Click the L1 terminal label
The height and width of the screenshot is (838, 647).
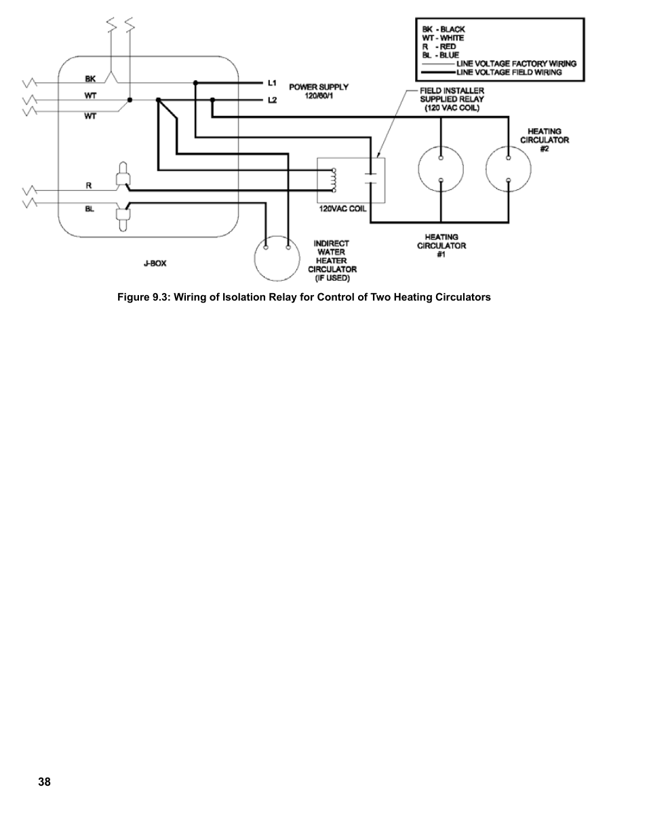pos(272,83)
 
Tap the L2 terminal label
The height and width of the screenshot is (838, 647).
pos(272,100)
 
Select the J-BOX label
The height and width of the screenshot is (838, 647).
pos(155,263)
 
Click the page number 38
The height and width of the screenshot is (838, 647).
pos(44,782)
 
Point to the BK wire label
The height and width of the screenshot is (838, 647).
pos(90,79)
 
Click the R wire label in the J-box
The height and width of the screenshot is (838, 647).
pos(89,185)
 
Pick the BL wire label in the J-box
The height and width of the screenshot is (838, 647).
pos(90,209)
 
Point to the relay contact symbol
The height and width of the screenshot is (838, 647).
pos(370,178)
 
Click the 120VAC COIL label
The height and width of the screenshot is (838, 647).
pos(342,209)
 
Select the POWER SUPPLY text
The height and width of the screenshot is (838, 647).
pos(319,87)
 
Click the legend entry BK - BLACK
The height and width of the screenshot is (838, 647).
pos(444,29)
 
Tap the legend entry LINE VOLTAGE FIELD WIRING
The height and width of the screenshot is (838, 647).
pos(509,73)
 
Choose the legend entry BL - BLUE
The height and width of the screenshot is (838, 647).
pos(440,55)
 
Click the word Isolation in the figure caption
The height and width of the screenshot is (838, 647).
pos(242,297)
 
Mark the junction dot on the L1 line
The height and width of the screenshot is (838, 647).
pos(195,83)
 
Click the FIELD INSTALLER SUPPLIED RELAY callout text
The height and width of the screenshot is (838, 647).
pos(452,99)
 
